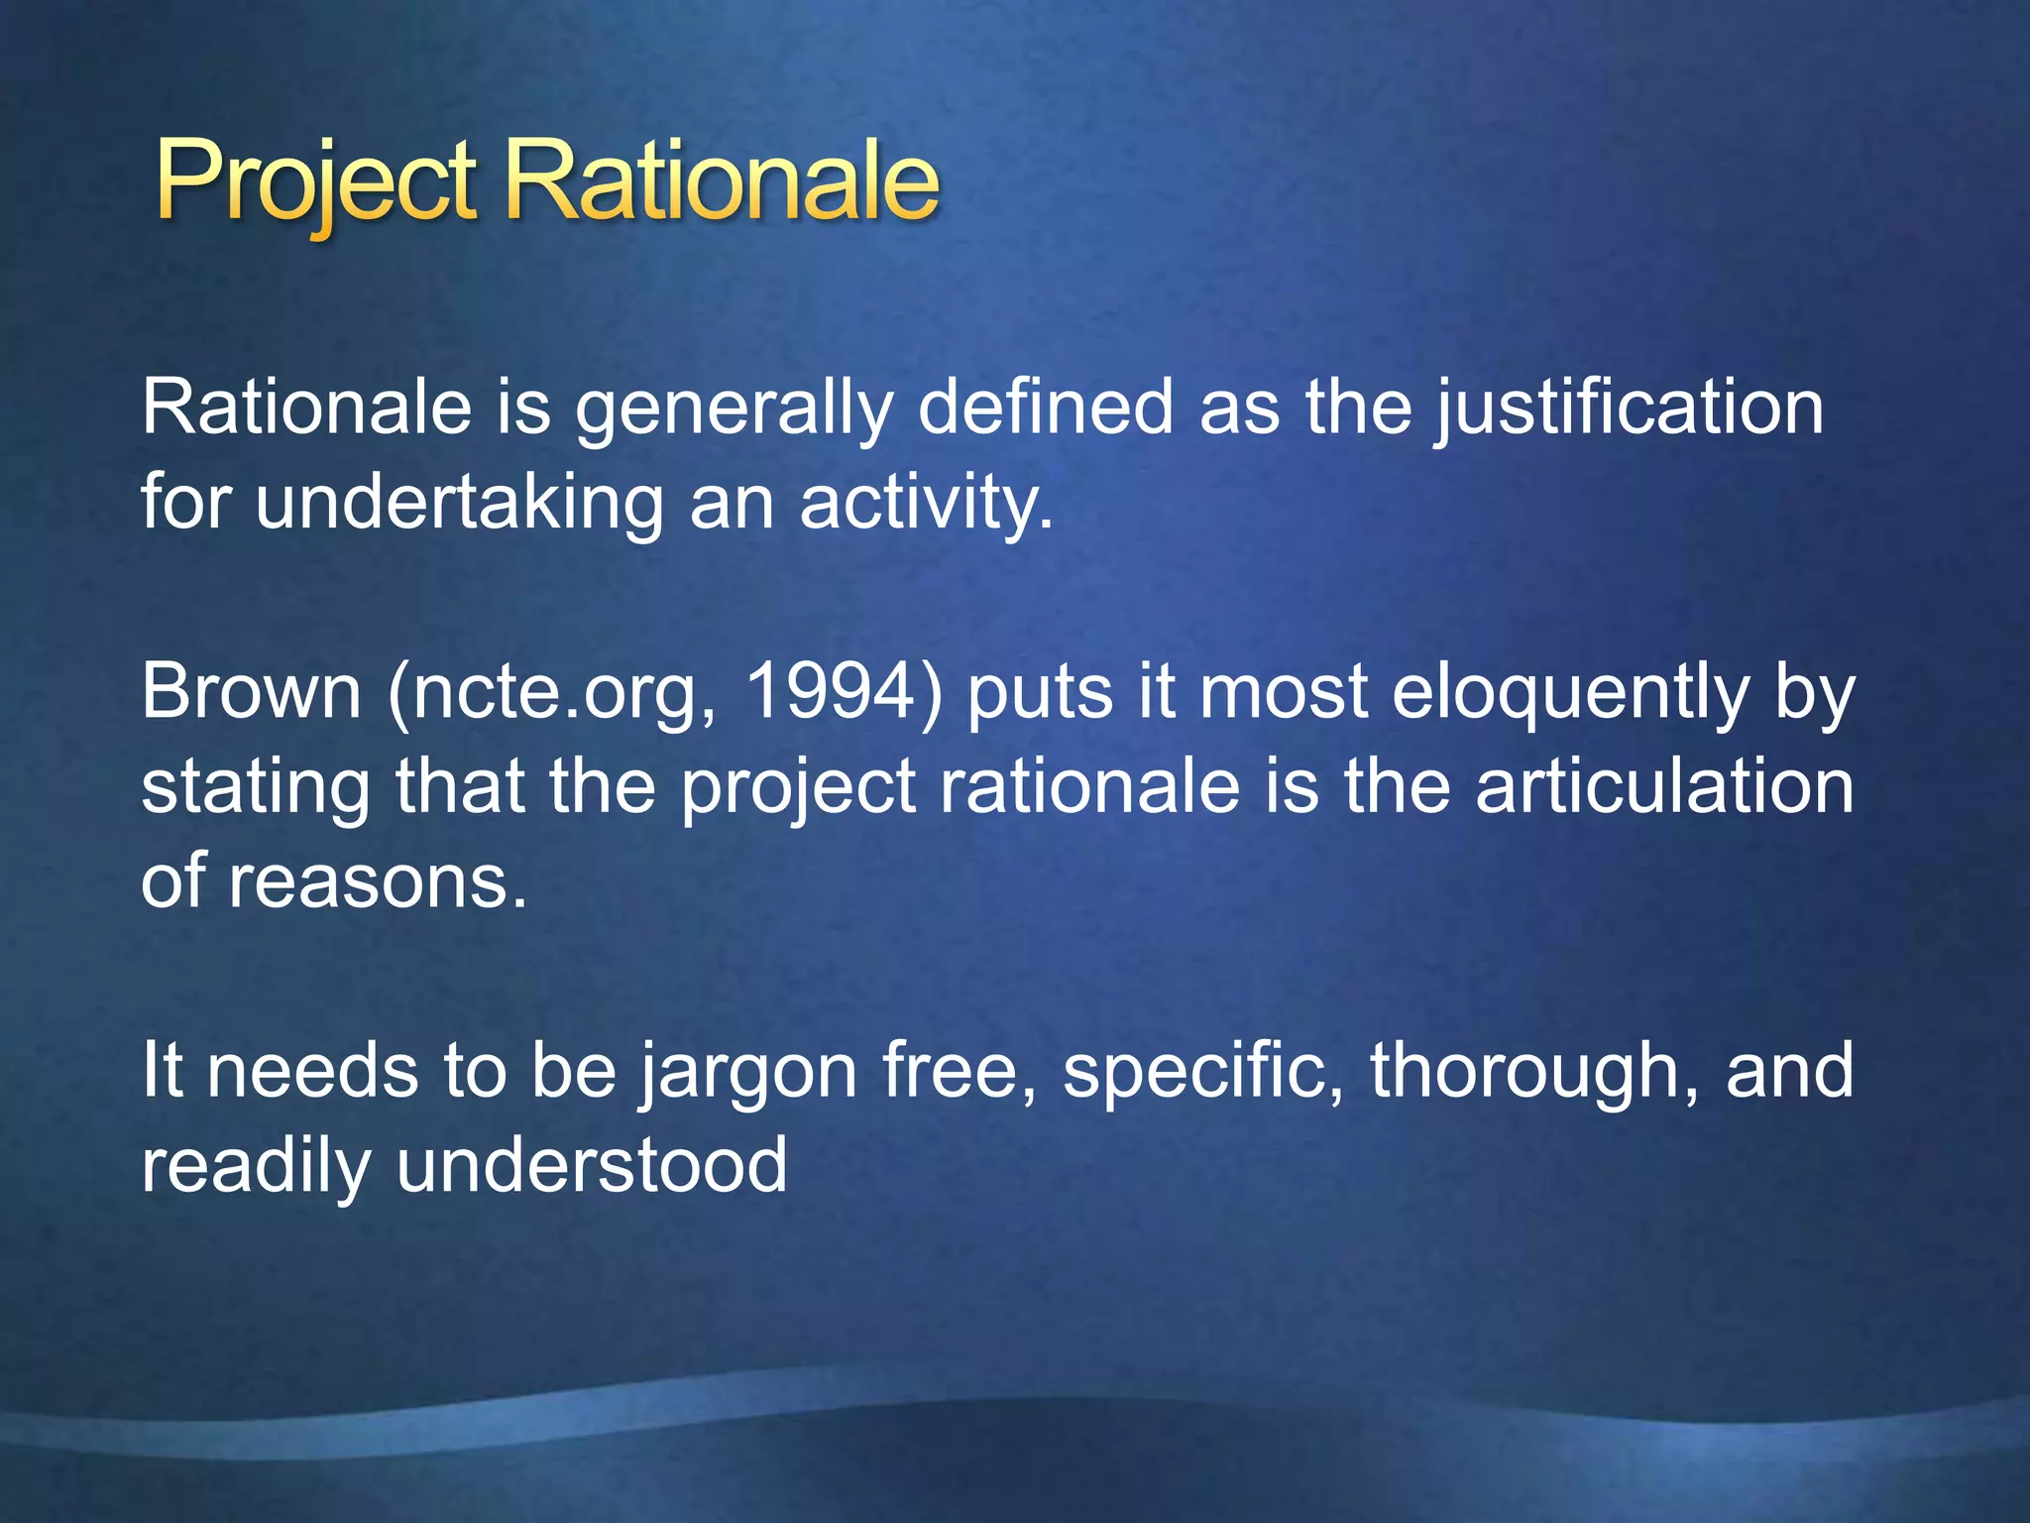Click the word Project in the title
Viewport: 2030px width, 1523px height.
(315, 183)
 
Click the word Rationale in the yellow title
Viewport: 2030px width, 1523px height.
(721, 183)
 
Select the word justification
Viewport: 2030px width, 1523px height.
(1628, 409)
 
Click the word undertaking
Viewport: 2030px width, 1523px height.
(459, 502)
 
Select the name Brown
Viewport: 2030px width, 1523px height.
(251, 691)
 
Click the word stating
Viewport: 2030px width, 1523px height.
(256, 787)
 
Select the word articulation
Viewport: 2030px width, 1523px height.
(1664, 786)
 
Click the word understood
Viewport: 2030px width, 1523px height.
(592, 1165)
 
